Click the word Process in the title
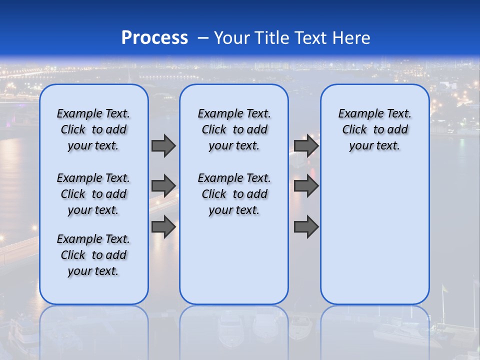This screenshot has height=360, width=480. [x=154, y=38]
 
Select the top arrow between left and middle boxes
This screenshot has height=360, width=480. [x=163, y=145]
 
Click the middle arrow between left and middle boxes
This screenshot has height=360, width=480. [x=163, y=186]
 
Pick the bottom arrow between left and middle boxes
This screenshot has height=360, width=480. [x=163, y=226]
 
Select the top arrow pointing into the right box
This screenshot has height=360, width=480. [x=306, y=145]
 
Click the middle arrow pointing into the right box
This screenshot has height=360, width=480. [x=306, y=186]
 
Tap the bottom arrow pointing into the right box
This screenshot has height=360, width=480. [x=306, y=226]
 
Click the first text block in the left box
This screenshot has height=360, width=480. [x=93, y=129]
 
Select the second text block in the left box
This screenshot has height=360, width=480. [x=93, y=194]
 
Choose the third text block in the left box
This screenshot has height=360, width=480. [x=93, y=255]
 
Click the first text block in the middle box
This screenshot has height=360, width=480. [x=234, y=129]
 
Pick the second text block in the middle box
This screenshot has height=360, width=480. [x=234, y=194]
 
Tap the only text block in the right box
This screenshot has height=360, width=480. [x=375, y=129]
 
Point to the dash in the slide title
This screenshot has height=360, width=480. [x=203, y=38]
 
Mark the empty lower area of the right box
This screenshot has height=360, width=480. [x=375, y=235]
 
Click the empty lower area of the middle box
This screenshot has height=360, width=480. [x=234, y=260]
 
